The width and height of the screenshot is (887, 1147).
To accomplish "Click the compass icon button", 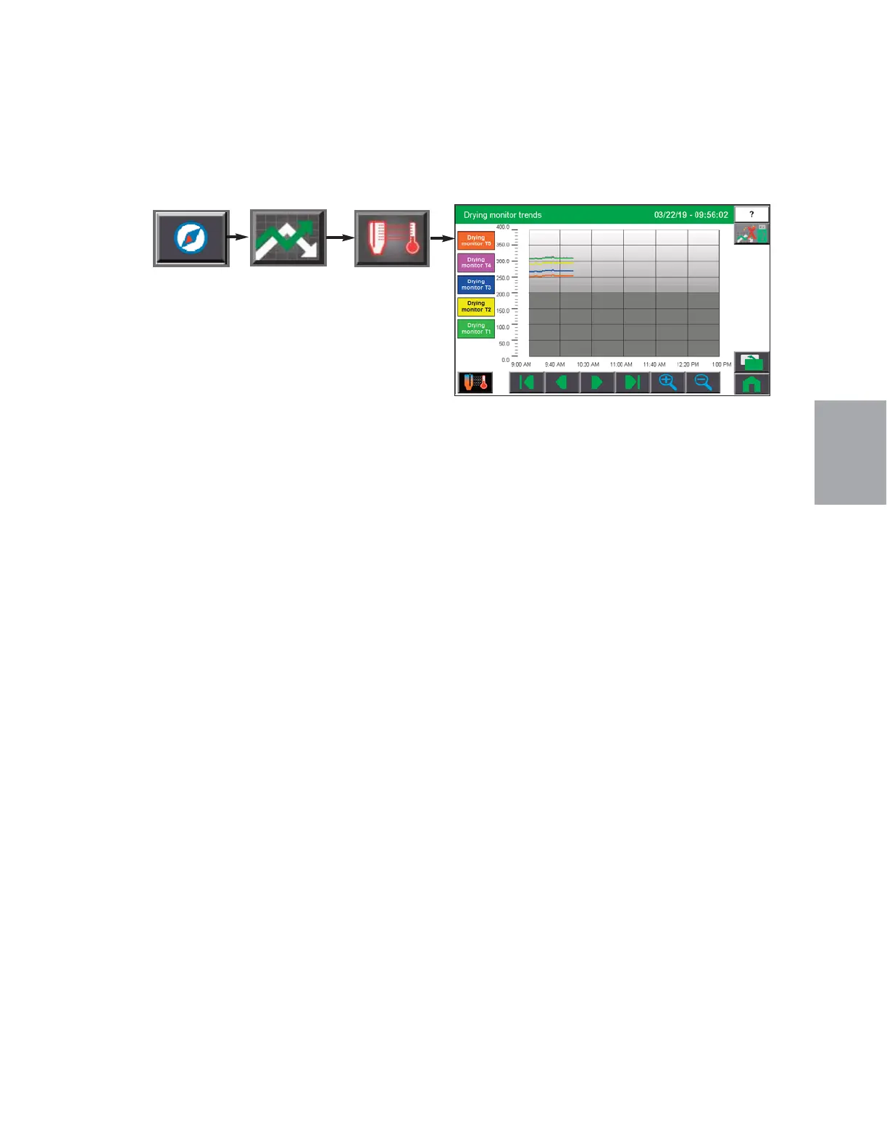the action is tap(191, 238).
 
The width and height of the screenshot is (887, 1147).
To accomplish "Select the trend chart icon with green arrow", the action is tap(288, 238).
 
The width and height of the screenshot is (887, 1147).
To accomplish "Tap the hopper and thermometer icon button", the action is tap(392, 238).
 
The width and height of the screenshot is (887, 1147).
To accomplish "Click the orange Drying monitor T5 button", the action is tap(476, 240).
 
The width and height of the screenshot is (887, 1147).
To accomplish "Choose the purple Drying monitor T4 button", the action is tap(476, 262).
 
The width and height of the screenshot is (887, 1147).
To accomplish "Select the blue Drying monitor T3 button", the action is tap(476, 285).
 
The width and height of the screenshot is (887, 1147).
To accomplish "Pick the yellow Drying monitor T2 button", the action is tap(476, 306).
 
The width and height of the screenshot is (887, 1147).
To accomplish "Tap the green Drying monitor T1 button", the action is tap(476, 328).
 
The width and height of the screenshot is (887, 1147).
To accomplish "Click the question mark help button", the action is tap(751, 214).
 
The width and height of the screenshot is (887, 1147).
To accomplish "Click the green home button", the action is tap(751, 384).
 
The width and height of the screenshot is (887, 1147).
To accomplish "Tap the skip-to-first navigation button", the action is tap(527, 382).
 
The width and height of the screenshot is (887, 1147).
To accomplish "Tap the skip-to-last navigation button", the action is tap(633, 382).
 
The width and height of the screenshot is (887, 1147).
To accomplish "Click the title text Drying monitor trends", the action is tap(502, 215).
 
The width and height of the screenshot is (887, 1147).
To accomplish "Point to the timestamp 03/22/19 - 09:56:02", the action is tap(691, 215).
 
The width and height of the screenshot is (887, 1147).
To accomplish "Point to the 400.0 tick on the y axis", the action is tap(502, 227).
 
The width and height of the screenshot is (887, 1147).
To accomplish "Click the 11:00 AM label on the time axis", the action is tap(621, 365).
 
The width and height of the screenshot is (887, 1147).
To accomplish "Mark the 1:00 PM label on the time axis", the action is tap(721, 365).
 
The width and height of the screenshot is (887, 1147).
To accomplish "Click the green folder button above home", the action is tap(751, 361).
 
